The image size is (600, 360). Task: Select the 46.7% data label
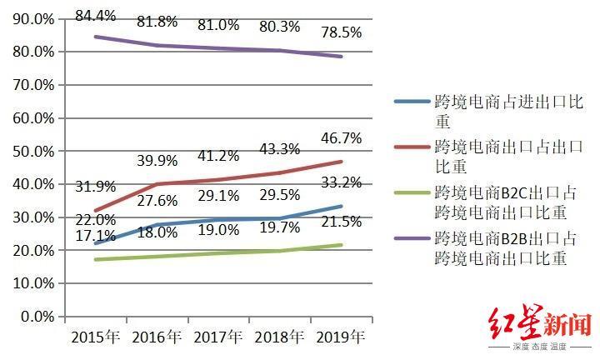[340, 137]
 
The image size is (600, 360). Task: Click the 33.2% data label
[340, 182]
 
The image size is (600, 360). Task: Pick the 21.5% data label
[340, 222]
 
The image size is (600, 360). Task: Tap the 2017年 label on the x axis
[218, 337]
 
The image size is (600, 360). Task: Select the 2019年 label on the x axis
[340, 337]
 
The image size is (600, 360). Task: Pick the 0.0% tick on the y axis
[37, 317]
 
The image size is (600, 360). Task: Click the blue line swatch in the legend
[412, 102]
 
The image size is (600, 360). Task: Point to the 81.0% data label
[218, 25]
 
